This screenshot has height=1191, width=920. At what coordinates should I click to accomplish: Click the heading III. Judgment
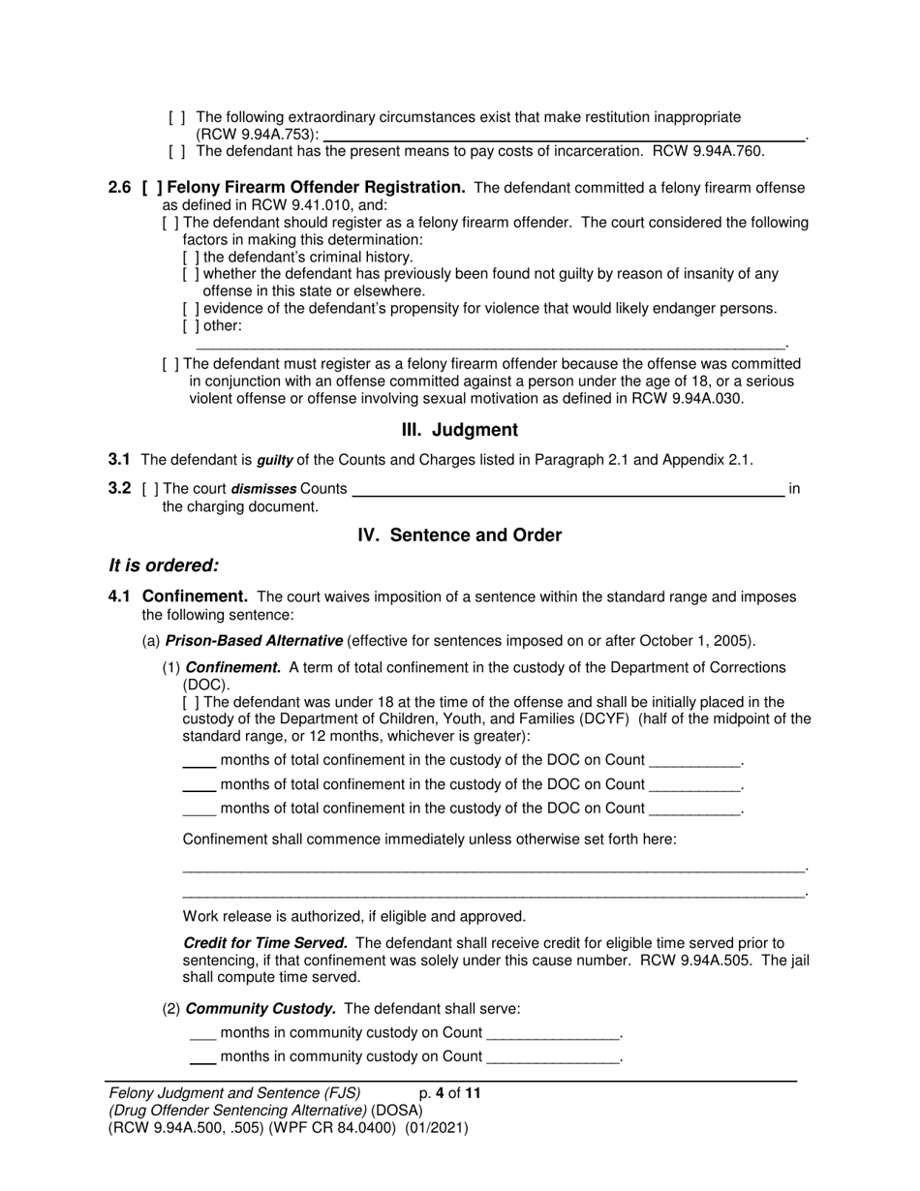click(459, 430)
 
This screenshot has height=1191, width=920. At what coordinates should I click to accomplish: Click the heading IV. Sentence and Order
click(459, 535)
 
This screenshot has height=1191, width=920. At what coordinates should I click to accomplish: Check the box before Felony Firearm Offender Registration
click(151, 188)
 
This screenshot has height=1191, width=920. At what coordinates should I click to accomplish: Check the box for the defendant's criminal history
click(191, 258)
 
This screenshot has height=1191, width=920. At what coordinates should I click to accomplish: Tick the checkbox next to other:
click(191, 326)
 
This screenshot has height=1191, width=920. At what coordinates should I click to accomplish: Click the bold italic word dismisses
click(263, 489)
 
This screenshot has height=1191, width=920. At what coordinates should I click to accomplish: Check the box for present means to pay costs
click(177, 151)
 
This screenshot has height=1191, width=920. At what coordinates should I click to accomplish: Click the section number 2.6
click(120, 188)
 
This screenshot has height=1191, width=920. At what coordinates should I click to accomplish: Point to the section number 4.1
click(120, 596)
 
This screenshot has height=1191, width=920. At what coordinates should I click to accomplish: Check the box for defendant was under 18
click(191, 702)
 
